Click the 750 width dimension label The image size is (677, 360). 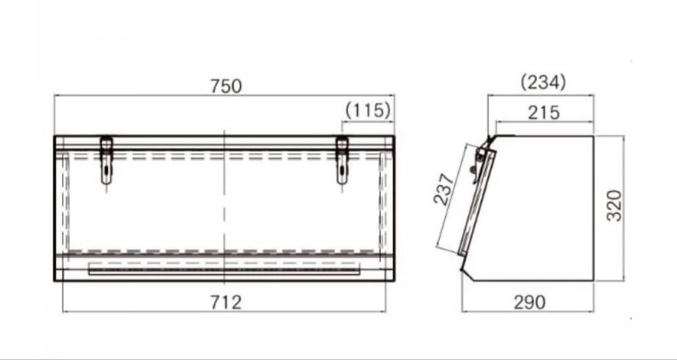[226, 86]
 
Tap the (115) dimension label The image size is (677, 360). [368, 110]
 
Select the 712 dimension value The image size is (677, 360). [225, 302]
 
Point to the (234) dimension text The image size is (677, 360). [543, 82]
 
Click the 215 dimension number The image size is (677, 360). [543, 112]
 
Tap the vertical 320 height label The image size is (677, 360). [615, 205]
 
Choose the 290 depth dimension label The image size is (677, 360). [529, 302]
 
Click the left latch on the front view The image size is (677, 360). [107, 161]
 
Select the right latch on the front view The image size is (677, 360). [342, 161]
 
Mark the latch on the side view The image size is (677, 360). [480, 161]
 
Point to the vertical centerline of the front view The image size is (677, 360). [224, 207]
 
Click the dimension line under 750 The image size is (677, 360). [157, 95]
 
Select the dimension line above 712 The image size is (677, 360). [157, 311]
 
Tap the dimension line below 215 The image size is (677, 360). [564, 122]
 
